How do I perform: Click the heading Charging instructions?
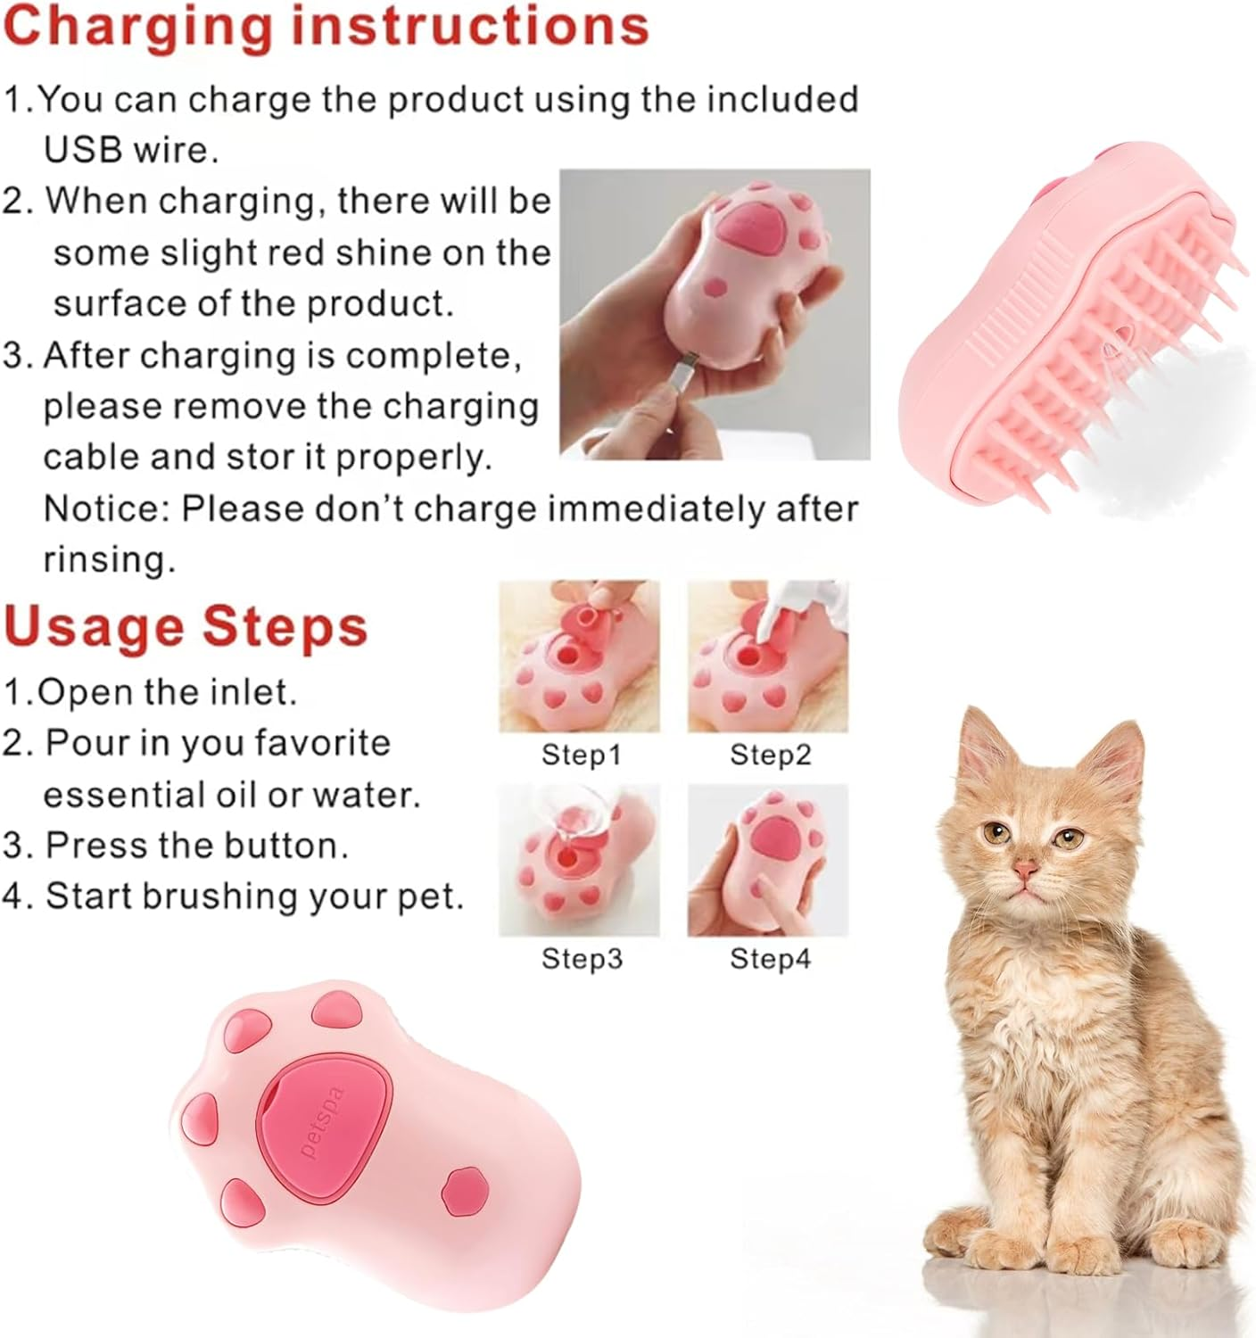click(326, 27)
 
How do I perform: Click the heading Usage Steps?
click(186, 626)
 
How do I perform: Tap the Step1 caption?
click(581, 756)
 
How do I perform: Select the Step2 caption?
click(771, 756)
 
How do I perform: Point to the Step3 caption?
click(582, 959)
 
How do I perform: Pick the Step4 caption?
click(771, 959)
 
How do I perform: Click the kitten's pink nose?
click(1026, 870)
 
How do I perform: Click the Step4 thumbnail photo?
click(767, 861)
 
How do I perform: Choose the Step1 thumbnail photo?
click(579, 656)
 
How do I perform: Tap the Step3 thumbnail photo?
click(579, 861)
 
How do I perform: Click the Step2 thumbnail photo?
click(767, 656)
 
